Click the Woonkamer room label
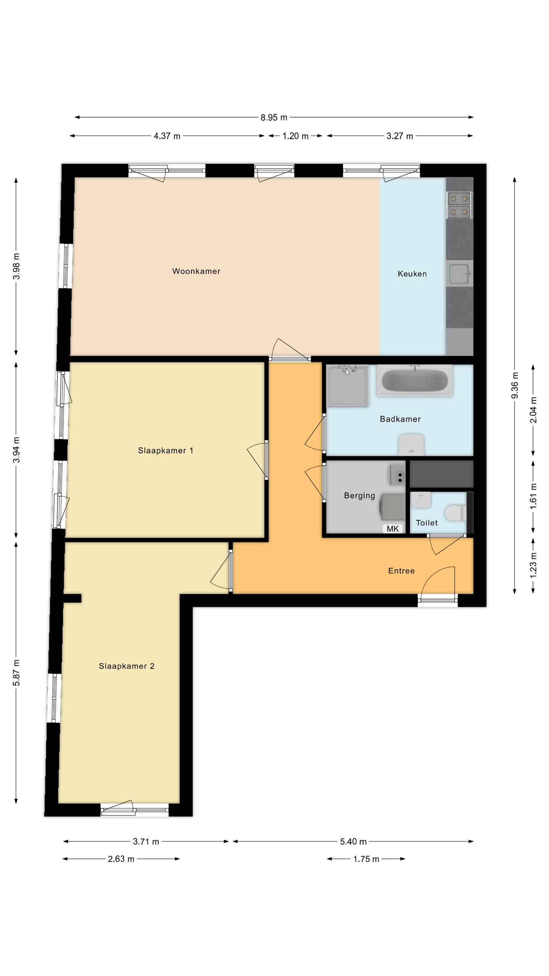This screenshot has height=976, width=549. coord(196,271)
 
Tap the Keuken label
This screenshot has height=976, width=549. coord(412,274)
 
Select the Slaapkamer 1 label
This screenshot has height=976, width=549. coord(165,451)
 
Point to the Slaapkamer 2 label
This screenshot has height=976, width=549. coord(127,666)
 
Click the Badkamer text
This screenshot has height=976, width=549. coord(400,419)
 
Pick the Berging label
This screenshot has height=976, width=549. coord(360,496)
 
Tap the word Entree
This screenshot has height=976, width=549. coord(401,571)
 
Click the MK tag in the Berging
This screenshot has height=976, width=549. coord(393,528)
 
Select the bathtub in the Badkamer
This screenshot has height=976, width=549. coord(415,380)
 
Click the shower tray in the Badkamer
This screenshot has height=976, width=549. coord(347,385)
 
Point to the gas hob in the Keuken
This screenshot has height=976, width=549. coord(459,205)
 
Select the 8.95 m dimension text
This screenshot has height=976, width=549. coord(274,117)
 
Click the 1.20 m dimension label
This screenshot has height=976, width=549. coord(295,136)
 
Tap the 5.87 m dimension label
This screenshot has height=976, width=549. coord(16,673)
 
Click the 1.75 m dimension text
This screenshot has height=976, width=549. coord(366,859)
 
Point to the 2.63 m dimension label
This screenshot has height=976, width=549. coord(121,859)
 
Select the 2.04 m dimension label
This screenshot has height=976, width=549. coord(533,410)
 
